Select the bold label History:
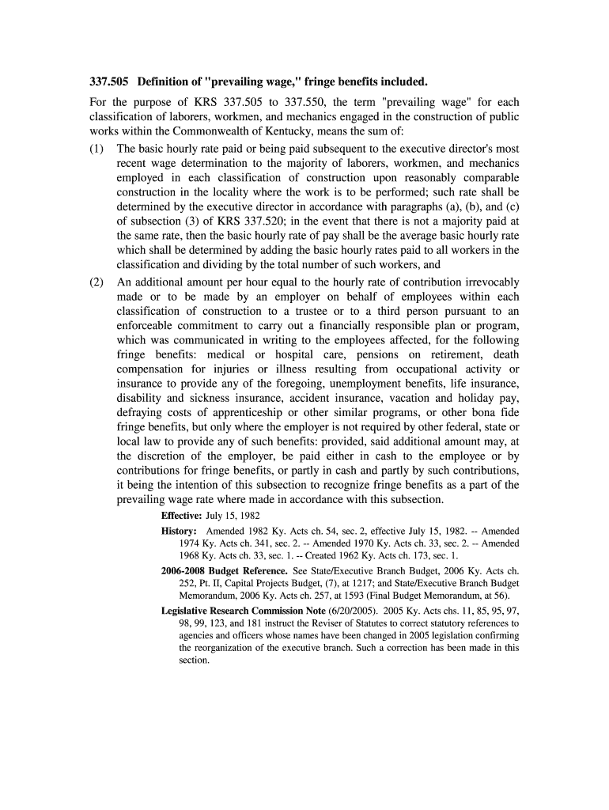point(179,532)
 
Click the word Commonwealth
point(187,131)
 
